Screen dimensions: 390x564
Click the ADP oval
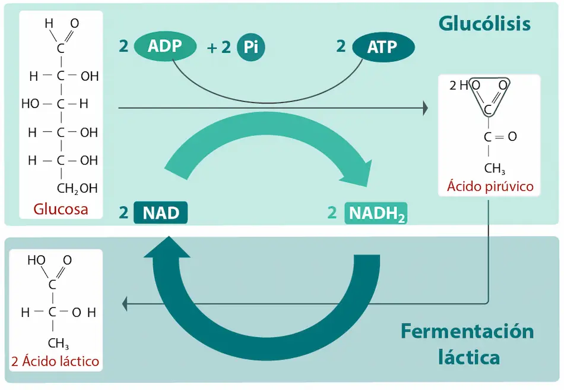[164, 46]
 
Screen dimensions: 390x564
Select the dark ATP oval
[383, 47]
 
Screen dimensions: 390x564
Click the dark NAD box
[161, 213]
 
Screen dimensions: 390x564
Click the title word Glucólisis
[484, 24]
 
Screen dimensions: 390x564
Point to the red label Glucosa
[61, 209]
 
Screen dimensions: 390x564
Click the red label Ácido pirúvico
[490, 187]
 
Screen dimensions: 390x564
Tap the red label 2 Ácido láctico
[55, 361]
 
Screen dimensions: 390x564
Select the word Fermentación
[467, 331]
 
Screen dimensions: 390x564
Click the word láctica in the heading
[468, 358]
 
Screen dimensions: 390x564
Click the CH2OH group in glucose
[77, 189]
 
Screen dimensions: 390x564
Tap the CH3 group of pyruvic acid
[494, 168]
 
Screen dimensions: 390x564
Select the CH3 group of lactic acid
[58, 344]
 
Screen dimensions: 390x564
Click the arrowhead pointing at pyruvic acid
[424, 108]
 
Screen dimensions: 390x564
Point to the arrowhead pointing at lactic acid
[125, 304]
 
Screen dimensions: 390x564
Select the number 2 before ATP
[341, 46]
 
